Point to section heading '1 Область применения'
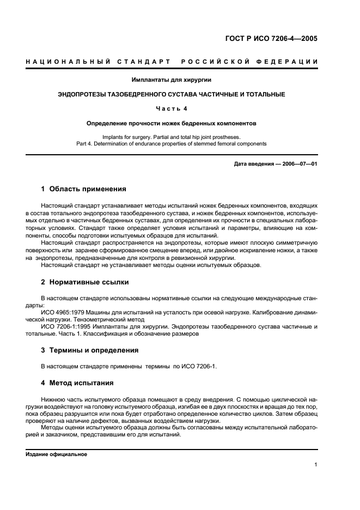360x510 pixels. [84, 189]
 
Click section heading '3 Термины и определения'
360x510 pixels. [90, 350]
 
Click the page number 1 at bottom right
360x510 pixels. [316, 465]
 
